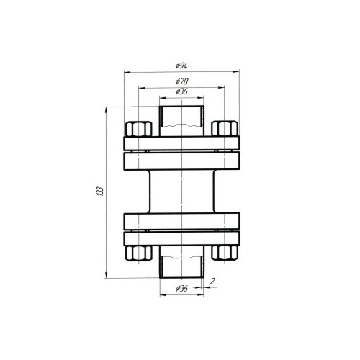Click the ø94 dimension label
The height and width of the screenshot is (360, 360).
pos(181,66)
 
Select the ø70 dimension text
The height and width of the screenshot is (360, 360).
pos(181,81)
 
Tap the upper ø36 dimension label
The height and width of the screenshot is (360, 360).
pos(181,91)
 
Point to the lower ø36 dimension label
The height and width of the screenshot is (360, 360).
pos(181,289)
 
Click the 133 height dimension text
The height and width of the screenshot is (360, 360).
pos(101,191)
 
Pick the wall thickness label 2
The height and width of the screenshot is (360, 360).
pos(212,281)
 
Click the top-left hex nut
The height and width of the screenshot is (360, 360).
pos(139,129)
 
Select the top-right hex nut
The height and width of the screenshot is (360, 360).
pos(225,129)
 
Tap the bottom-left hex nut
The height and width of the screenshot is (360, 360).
pos(139,253)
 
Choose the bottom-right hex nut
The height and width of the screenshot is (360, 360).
pos(225,253)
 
